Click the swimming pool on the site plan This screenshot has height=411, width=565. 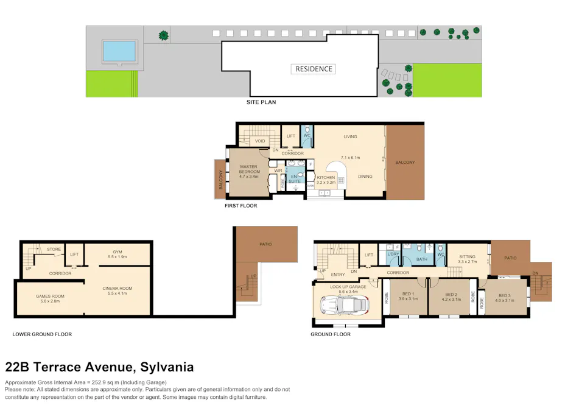pyautogui.click(x=119, y=51)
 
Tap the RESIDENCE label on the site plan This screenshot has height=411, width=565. pyautogui.click(x=314, y=69)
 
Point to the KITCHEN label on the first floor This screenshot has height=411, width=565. pyautogui.click(x=326, y=177)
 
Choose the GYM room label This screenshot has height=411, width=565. pyautogui.click(x=118, y=251)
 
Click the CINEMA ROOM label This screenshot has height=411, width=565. pyautogui.click(x=118, y=288)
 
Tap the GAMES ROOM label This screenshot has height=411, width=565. pyautogui.click(x=50, y=296)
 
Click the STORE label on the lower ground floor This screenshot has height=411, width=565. pyautogui.click(x=54, y=248)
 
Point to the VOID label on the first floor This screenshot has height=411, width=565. pyautogui.click(x=260, y=141)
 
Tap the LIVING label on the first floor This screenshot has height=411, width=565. pyautogui.click(x=350, y=136)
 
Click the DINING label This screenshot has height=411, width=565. pyautogui.click(x=365, y=177)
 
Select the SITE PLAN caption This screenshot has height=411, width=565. pyautogui.click(x=261, y=102)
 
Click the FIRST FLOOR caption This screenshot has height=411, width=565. pyautogui.click(x=240, y=206)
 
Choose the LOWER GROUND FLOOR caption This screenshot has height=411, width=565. pyautogui.click(x=42, y=334)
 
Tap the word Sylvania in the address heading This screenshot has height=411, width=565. pyautogui.click(x=167, y=367)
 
